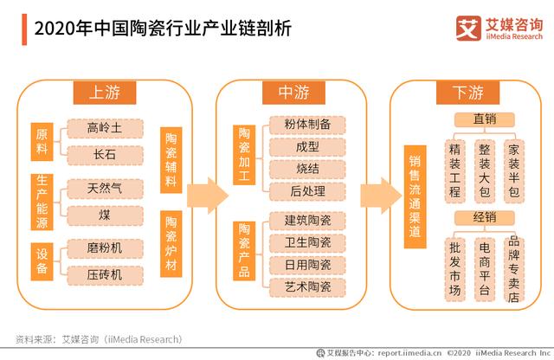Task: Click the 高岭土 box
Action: click(x=104, y=128)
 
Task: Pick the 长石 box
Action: click(x=104, y=155)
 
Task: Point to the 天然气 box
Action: click(x=104, y=186)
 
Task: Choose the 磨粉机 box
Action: click(x=104, y=247)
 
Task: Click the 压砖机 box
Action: click(x=104, y=273)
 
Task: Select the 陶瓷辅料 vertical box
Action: click(x=171, y=160)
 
